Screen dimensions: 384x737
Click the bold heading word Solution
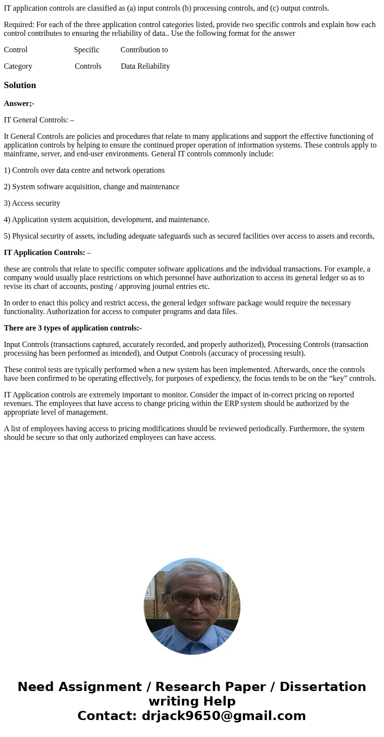click(20, 85)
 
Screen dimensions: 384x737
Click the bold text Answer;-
click(19, 104)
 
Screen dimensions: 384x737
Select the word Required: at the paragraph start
click(19, 25)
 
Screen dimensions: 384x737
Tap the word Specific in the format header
click(87, 50)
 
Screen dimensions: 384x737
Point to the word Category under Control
click(18, 66)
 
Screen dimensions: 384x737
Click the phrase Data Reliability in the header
click(145, 66)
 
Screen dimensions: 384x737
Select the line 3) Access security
click(32, 203)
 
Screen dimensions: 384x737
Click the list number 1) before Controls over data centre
click(7, 170)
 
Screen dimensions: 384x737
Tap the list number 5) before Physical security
click(7, 236)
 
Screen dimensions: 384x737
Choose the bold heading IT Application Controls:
click(44, 253)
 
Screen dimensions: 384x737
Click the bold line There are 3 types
click(73, 328)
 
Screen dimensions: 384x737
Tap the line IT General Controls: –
click(39, 120)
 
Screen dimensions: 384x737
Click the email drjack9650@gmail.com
click(223, 716)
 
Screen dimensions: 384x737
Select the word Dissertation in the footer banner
click(323, 687)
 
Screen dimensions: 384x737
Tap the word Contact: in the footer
click(107, 716)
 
